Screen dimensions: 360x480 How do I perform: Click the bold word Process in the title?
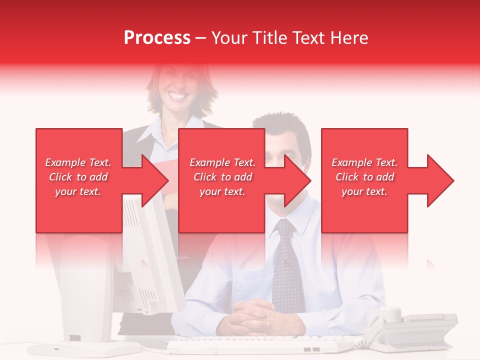tap(157, 38)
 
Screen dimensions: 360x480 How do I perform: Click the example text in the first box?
tap(78, 177)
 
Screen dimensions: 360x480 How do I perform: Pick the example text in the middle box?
tap(222, 177)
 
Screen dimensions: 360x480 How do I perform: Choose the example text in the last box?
tap(364, 177)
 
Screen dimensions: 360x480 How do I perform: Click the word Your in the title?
tap(230, 38)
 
